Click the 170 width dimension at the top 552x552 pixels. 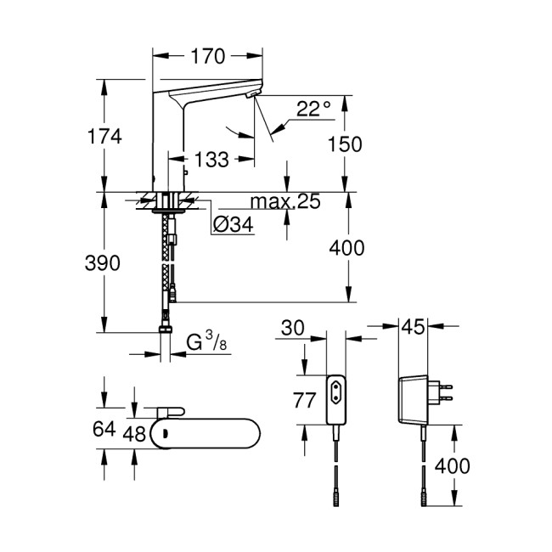207,57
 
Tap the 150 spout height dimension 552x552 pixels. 344,144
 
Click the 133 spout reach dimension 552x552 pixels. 211,159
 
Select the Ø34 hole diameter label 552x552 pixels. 232,225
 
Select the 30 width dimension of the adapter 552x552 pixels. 291,327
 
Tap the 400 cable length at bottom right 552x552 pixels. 453,465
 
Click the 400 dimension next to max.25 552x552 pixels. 346,248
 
